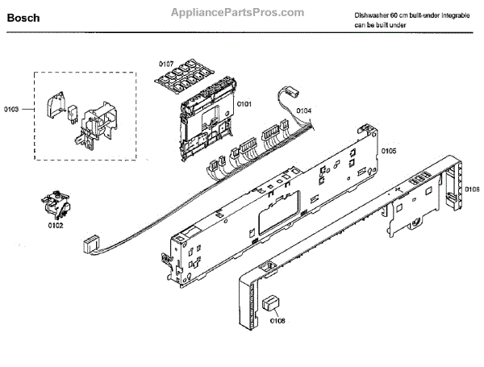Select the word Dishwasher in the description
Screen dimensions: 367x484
pos(372,16)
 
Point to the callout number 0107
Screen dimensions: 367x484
pos(166,62)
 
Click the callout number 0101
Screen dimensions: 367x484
pos(244,103)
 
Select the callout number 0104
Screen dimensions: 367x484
pos(303,111)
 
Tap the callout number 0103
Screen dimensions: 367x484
pos(11,108)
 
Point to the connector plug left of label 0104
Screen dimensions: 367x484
pos(290,94)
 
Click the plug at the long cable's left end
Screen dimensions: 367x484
pos(92,241)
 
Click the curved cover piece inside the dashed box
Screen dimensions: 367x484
pos(55,102)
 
